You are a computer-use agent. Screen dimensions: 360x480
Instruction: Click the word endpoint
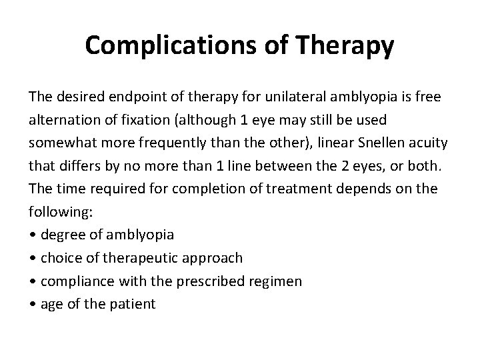pos(134,97)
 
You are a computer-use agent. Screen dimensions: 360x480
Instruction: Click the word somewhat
pos(61,143)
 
